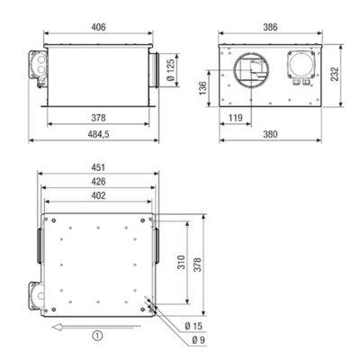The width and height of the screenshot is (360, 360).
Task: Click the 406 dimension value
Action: [x=99, y=28]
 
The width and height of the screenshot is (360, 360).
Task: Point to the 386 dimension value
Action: [x=269, y=28]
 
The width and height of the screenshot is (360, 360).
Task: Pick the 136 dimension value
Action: [x=203, y=88]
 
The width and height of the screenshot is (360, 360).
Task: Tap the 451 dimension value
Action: [x=98, y=166]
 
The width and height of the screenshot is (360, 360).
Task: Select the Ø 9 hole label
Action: [x=196, y=339]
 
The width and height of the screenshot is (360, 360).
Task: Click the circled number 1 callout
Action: [x=96, y=337]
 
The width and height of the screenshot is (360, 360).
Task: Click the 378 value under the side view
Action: [x=99, y=118]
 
